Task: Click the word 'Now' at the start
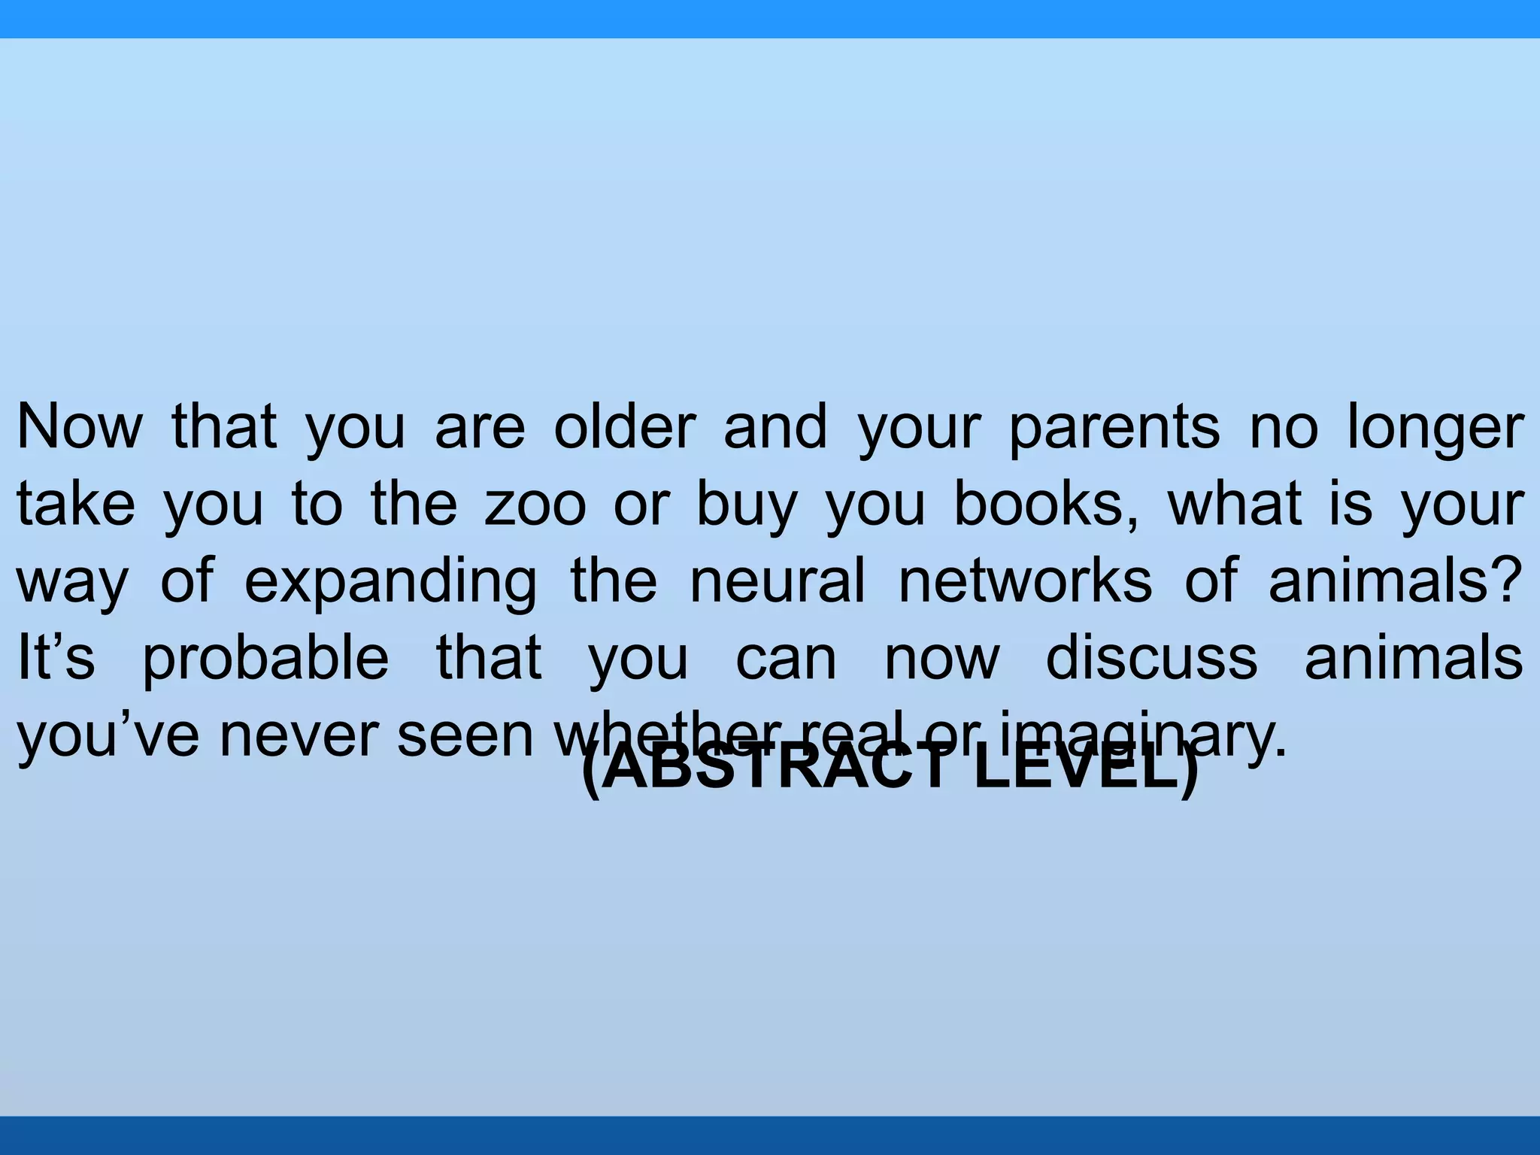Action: click(80, 426)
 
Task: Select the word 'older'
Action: click(625, 426)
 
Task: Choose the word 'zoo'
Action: click(535, 505)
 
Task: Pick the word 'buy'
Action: click(746, 505)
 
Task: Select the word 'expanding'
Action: click(391, 583)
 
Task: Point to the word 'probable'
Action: click(265, 659)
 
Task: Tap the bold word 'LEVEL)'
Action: click(1086, 772)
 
